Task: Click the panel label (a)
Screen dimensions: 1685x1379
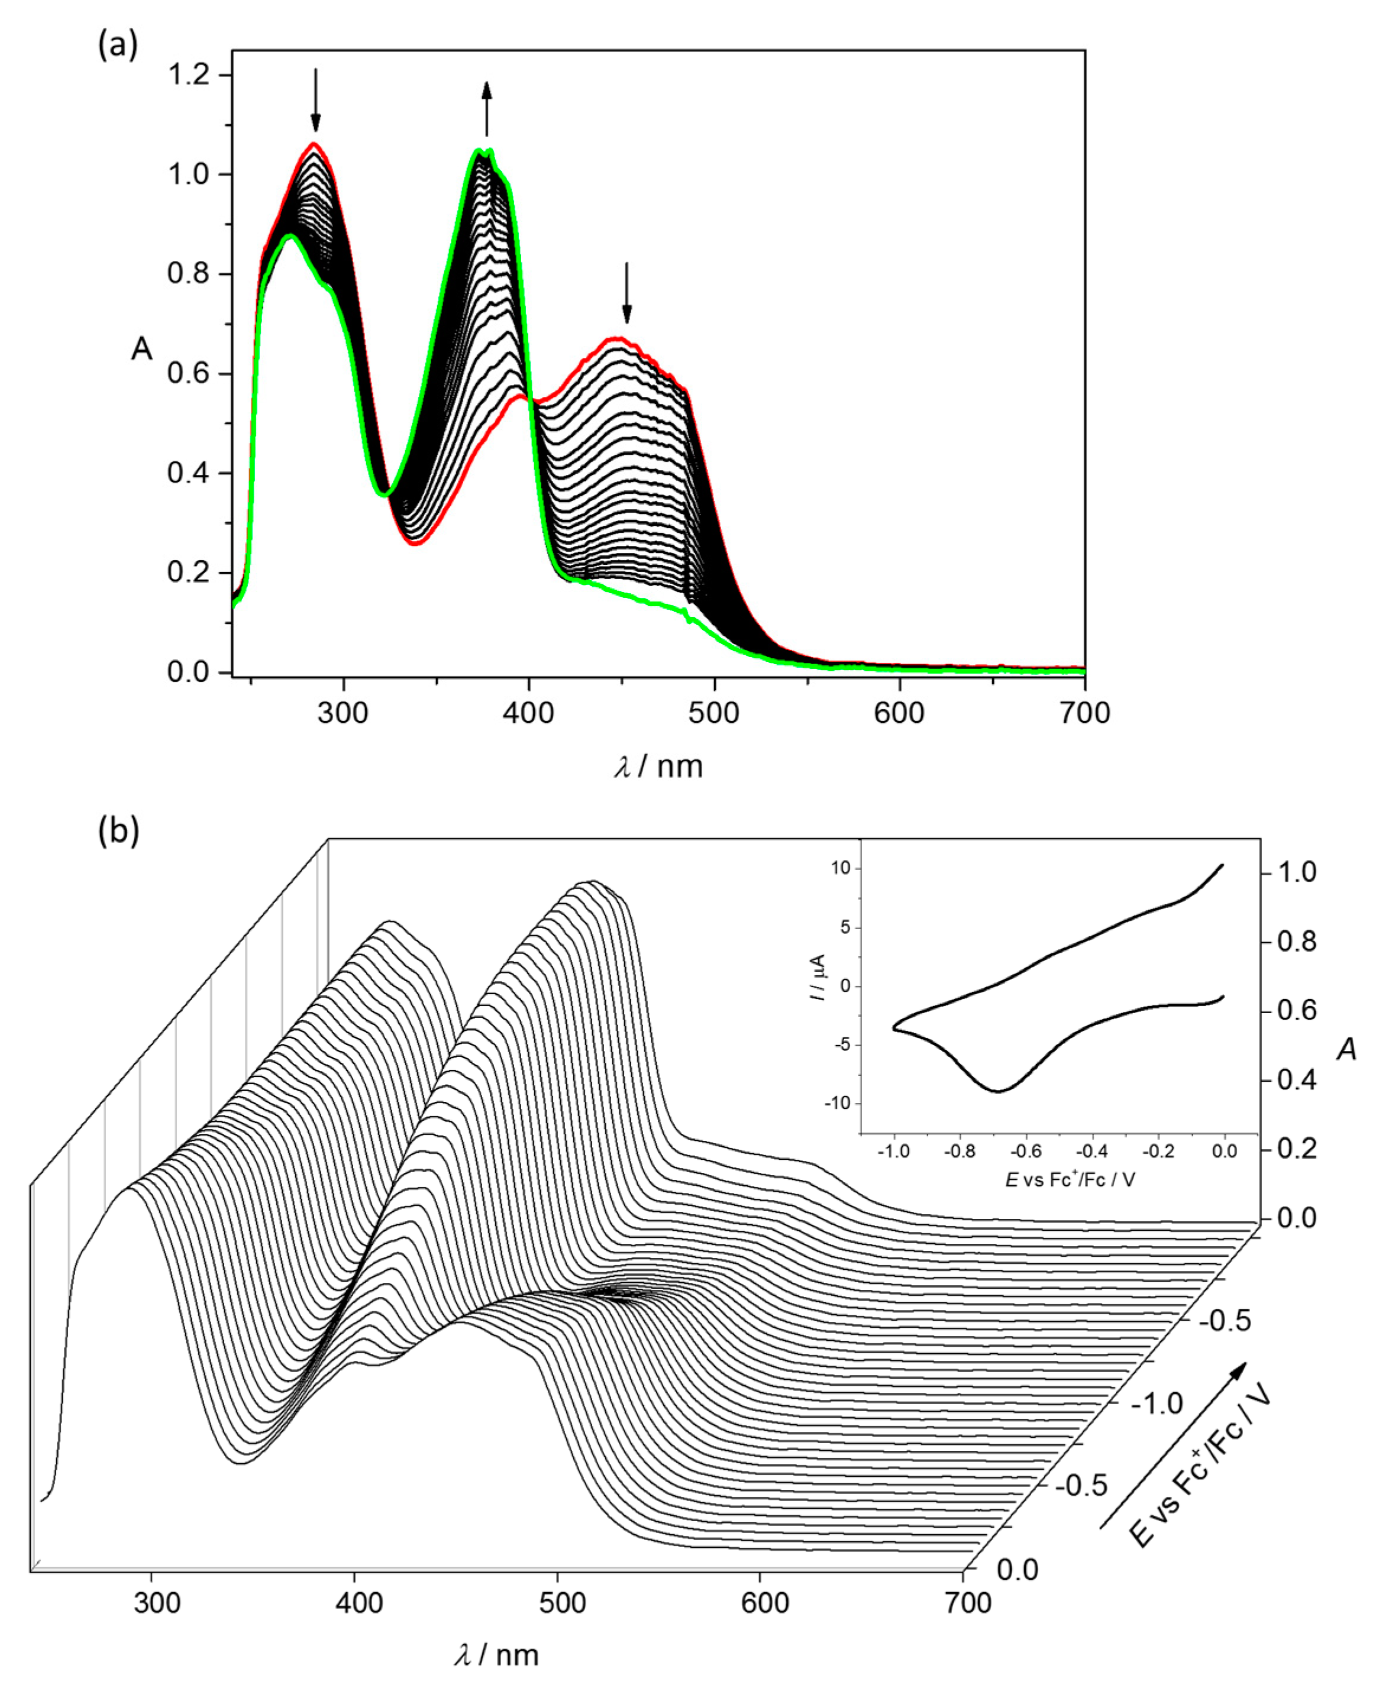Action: pos(118,46)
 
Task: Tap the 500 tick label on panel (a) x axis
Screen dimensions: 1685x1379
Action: pos(713,712)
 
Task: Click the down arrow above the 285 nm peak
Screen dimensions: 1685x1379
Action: pos(315,100)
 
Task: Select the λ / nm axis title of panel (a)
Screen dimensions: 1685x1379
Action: pos(658,767)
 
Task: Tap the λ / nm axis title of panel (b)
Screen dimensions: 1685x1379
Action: pos(496,1655)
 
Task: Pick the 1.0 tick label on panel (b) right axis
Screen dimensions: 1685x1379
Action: pos(1296,872)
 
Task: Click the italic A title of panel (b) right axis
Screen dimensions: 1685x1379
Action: pos(1346,1050)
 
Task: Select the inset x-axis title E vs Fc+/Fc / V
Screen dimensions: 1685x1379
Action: pos(1070,1180)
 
